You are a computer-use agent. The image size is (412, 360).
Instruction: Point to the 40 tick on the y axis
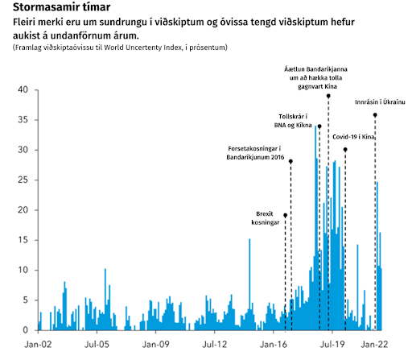click(23, 90)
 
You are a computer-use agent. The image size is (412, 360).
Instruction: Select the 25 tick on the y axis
click(23, 180)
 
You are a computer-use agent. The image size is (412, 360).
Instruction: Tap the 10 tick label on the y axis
click(23, 270)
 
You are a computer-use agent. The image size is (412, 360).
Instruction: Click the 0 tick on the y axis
click(26, 329)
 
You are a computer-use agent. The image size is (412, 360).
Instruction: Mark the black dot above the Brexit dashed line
click(285, 215)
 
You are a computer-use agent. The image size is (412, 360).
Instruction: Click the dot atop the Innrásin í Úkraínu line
click(375, 115)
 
